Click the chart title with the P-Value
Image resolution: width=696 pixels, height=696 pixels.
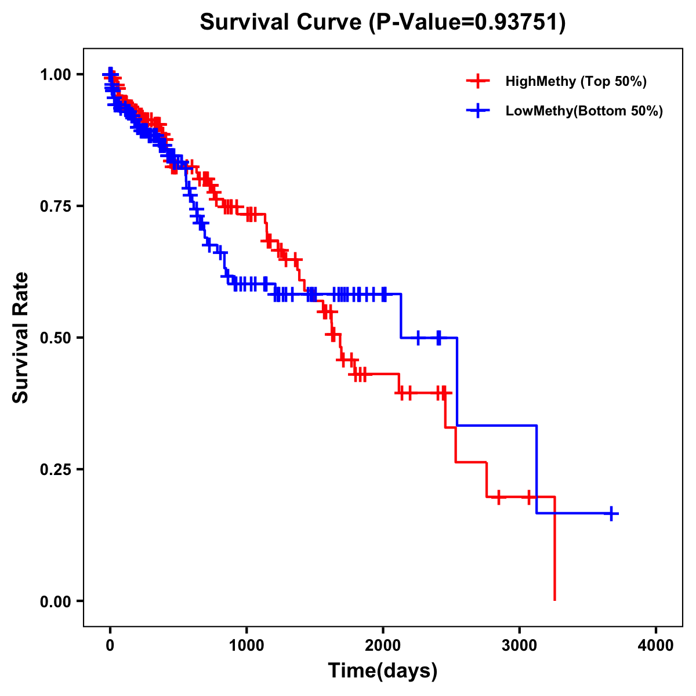[383, 22]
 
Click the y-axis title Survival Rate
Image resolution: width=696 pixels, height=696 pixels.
[21, 337]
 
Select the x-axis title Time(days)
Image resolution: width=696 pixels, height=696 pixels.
[383, 670]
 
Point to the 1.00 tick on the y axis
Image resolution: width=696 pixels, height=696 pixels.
[55, 74]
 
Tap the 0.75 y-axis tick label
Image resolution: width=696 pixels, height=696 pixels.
[55, 206]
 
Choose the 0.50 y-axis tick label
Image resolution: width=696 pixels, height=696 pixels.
[55, 338]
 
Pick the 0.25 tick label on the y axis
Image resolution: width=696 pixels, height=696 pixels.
[55, 469]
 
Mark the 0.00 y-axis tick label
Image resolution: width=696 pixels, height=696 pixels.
[55, 601]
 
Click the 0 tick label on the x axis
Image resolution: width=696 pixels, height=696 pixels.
[110, 645]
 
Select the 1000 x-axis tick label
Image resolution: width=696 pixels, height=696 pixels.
[246, 645]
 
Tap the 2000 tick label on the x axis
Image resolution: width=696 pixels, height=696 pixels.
[383, 645]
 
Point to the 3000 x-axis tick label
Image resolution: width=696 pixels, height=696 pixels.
[520, 645]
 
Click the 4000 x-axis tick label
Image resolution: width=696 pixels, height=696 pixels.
[656, 645]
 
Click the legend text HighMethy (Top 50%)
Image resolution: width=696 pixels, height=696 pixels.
[576, 81]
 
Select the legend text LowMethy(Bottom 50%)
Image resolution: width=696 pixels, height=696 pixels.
[584, 111]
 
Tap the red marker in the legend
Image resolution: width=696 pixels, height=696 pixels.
[478, 81]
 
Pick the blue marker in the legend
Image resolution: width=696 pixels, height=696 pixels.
[478, 111]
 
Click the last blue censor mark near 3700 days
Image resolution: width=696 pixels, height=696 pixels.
[611, 513]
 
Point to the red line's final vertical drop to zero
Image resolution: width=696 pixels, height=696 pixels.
[554, 551]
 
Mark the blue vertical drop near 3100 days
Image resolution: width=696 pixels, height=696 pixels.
[536, 470]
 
